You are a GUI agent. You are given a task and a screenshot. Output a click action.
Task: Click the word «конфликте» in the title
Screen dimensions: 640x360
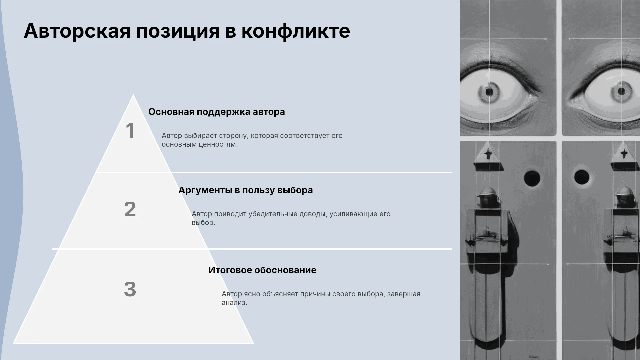(295, 31)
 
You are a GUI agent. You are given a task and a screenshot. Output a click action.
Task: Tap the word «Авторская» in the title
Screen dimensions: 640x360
(77, 31)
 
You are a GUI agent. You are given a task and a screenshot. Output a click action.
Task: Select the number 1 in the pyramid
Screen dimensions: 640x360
(130, 131)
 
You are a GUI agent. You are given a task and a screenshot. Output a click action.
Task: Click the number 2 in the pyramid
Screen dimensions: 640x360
(130, 209)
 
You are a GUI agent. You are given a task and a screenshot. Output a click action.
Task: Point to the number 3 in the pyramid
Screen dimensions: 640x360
(130, 289)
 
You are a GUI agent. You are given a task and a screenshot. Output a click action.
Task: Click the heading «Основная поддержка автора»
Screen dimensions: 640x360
(217, 112)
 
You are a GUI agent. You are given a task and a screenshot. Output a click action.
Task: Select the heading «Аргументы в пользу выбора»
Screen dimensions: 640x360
(246, 190)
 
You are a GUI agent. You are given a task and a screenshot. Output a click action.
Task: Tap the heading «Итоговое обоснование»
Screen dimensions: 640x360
(262, 270)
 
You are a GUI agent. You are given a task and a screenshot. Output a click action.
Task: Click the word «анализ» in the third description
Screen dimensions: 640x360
(233, 303)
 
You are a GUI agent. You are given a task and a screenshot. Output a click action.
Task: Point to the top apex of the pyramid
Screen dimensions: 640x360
(133, 95)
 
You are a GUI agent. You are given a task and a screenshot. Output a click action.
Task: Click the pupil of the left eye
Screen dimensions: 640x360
(489, 92)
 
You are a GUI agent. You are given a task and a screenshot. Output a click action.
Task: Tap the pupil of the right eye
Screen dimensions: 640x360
(621, 91)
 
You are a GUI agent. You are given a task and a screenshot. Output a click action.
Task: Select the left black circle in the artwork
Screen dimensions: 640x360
(532, 178)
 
